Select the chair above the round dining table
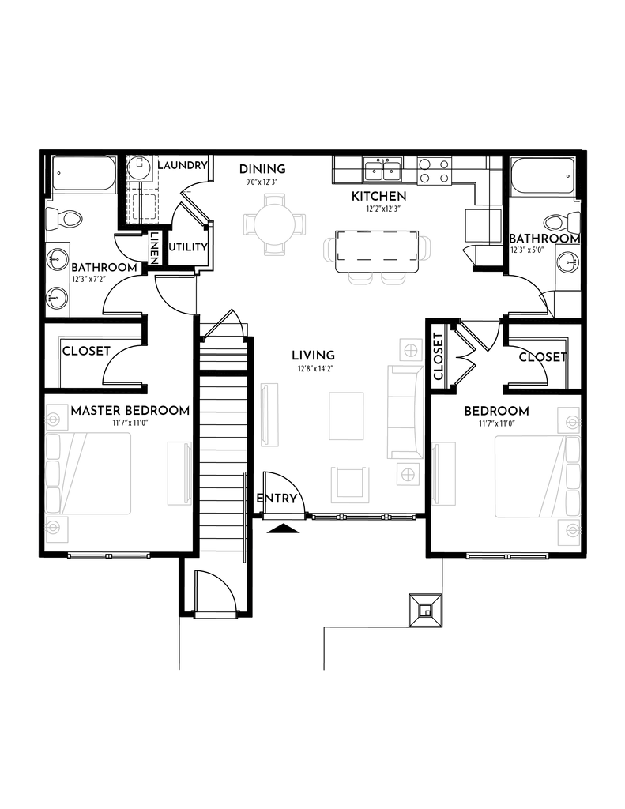pyautogui.click(x=273, y=198)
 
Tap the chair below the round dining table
pyautogui.click(x=273, y=249)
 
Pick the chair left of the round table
pyautogui.click(x=248, y=224)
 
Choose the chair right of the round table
pyautogui.click(x=299, y=224)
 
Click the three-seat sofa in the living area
pyautogui.click(x=405, y=412)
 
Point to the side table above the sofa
pyautogui.click(x=410, y=349)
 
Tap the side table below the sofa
pyautogui.click(x=408, y=474)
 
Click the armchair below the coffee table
pyautogui.click(x=350, y=484)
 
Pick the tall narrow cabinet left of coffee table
pyautogui.click(x=269, y=414)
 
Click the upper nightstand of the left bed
pyautogui.click(x=56, y=416)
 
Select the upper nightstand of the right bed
pyautogui.click(x=568, y=419)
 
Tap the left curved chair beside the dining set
pyautogui.click(x=328, y=249)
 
